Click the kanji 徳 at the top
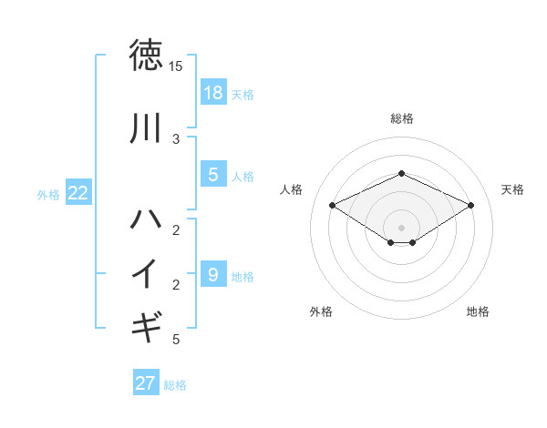pos(146,55)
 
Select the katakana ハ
pos(146,219)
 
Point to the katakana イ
pos(146,273)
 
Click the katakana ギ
pos(146,325)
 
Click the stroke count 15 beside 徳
pos(176,66)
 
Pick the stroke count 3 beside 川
pos(176,139)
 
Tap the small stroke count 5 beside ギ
pos(176,341)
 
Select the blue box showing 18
pos(212,92)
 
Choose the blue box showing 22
pos(78,193)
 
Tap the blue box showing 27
pos(146,383)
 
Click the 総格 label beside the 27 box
pos(175,385)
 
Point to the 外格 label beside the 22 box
pos(48,194)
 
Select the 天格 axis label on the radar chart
pos(513,189)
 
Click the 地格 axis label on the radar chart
pos(478,311)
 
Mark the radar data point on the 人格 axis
pos(333,205)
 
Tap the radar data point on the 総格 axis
pos(401,173)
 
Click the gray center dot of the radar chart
pos(401,227)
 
